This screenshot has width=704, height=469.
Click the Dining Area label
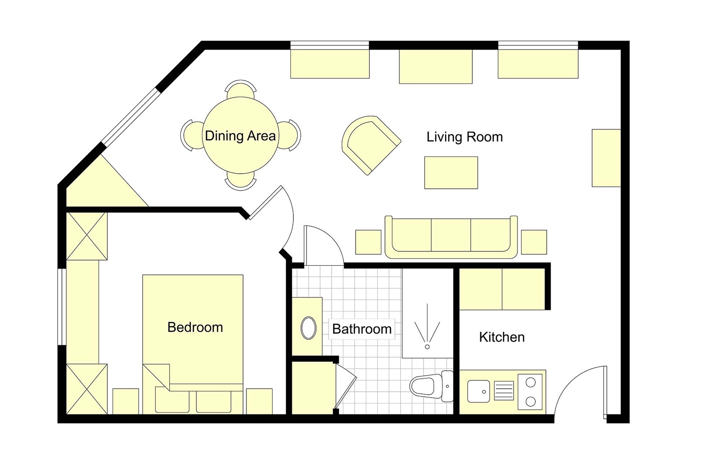tap(240, 136)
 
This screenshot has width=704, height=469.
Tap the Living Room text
tap(465, 137)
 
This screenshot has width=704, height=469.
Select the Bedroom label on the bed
tap(195, 327)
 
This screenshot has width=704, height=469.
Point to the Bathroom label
tap(362, 329)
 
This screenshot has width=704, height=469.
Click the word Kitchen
tap(501, 337)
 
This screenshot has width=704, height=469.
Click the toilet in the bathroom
tap(432, 386)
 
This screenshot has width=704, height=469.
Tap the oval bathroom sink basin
tap(308, 327)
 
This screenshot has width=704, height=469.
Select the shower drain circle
tap(427, 347)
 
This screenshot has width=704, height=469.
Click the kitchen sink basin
tap(478, 391)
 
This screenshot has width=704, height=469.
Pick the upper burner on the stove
tap(531, 382)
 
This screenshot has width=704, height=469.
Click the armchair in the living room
tap(371, 145)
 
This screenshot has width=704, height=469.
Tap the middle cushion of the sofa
tap(451, 235)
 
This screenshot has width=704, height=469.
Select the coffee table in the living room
tap(451, 173)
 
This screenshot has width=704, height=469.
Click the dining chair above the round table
tap(240, 89)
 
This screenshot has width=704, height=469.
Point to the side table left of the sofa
tap(368, 242)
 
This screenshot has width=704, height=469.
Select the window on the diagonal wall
tap(130, 118)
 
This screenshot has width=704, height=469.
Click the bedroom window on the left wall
tap(62, 307)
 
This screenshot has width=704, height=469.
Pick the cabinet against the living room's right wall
tap(606, 158)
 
